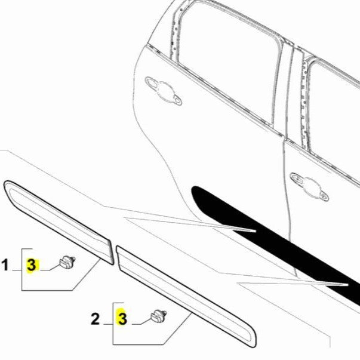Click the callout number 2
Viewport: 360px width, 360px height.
96,319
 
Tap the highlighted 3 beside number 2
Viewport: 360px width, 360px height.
122,319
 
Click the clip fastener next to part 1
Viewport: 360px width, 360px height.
67,261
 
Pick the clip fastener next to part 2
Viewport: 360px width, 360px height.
158,316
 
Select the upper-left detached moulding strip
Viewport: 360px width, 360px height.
57,221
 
